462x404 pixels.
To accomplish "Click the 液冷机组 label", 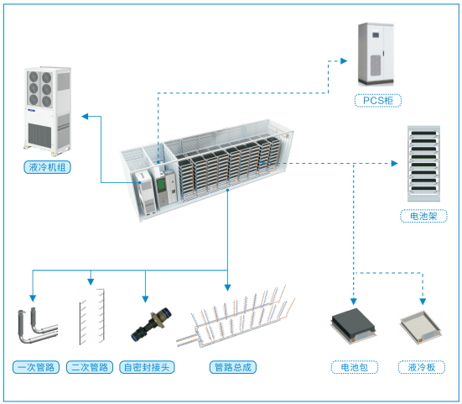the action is pos(47,167).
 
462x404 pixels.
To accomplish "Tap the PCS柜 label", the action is pos(377,100).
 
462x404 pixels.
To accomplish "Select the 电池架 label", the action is pos(423,216).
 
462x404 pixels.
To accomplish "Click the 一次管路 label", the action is pos(36,367).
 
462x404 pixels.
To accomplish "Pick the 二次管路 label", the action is pos(90,367).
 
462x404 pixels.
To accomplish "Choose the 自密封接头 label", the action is pos(147,367).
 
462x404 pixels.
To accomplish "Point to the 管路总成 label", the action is pos(233,367).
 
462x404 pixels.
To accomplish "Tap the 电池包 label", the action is pos(355,367).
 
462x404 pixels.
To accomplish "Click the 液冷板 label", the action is pos(422,367).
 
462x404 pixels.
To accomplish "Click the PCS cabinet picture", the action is pos(376,55).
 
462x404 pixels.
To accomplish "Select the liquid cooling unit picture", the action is pos(48,111).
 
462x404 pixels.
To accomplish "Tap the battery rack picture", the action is pos(423,164).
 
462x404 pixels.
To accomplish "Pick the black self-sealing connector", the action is pos(151,324).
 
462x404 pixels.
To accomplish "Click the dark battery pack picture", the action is pos(353,326).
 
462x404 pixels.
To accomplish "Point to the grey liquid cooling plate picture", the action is pos(421,328).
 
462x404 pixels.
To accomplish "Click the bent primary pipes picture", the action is pos(38,326).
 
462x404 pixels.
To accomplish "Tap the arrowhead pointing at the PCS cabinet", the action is pos(344,60).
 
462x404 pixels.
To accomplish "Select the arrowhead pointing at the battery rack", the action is pos(395,163).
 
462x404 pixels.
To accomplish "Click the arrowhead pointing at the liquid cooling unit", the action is pos(85,117).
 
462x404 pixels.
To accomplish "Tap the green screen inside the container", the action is pos(161,185).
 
